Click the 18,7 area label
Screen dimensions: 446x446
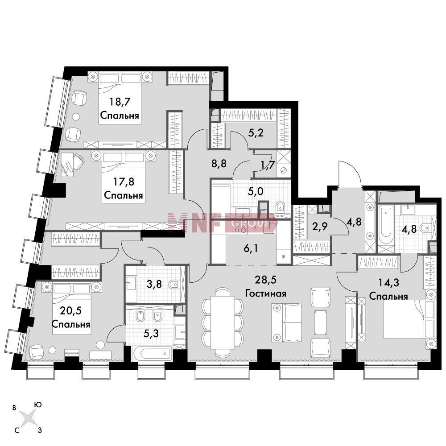pos(120,102)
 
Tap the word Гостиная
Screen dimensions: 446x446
pos(266,293)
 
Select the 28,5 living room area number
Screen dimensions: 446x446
pos(266,280)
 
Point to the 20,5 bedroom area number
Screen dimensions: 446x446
pos(71,310)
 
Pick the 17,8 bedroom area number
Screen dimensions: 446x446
pos(124,182)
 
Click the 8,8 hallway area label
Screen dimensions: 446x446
pos(219,164)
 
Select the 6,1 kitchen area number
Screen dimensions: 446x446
pos(251,249)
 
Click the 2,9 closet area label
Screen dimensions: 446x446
pos(320,227)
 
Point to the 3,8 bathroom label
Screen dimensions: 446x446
pos(154,284)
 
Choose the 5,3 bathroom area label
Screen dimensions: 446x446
pos(151,333)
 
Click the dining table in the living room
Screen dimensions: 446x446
pos(223,322)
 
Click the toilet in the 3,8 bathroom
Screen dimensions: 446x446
pos(174,284)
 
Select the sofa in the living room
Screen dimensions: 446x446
pos(287,322)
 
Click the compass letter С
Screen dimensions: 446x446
pos(17,430)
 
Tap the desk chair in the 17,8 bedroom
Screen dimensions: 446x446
pos(78,158)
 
